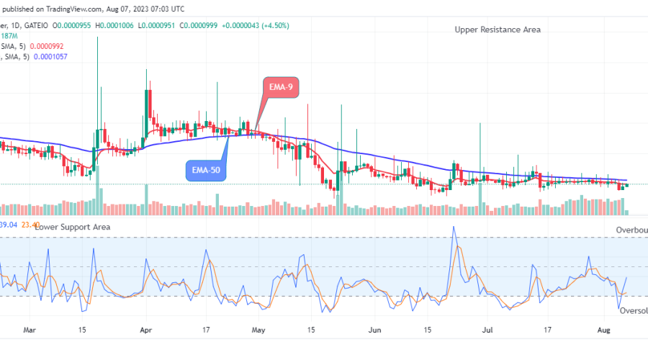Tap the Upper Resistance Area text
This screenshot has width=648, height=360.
[x=498, y=30]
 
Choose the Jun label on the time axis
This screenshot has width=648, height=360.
[x=374, y=330]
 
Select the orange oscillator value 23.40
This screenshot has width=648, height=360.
[x=31, y=225]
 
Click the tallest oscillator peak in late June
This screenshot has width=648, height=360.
[x=454, y=228]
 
